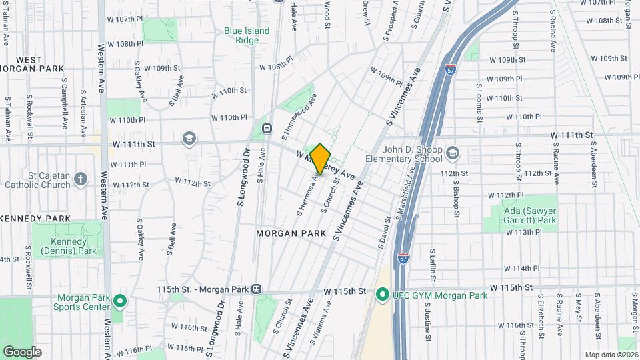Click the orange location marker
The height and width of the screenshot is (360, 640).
tap(320, 159)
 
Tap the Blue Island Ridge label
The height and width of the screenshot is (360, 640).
tap(247, 35)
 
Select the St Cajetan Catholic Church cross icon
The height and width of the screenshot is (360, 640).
tap(80, 178)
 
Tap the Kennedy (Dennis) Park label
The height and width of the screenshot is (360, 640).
tap(68, 246)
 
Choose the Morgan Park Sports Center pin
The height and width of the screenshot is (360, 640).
tap(119, 301)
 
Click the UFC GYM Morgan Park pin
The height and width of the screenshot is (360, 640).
tap(382, 293)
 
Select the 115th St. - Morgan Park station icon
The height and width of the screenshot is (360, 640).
tap(256, 289)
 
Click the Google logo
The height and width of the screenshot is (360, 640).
tap(23, 351)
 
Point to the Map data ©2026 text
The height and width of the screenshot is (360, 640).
tap(611, 355)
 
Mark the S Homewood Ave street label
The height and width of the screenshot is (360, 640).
tap(299, 116)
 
